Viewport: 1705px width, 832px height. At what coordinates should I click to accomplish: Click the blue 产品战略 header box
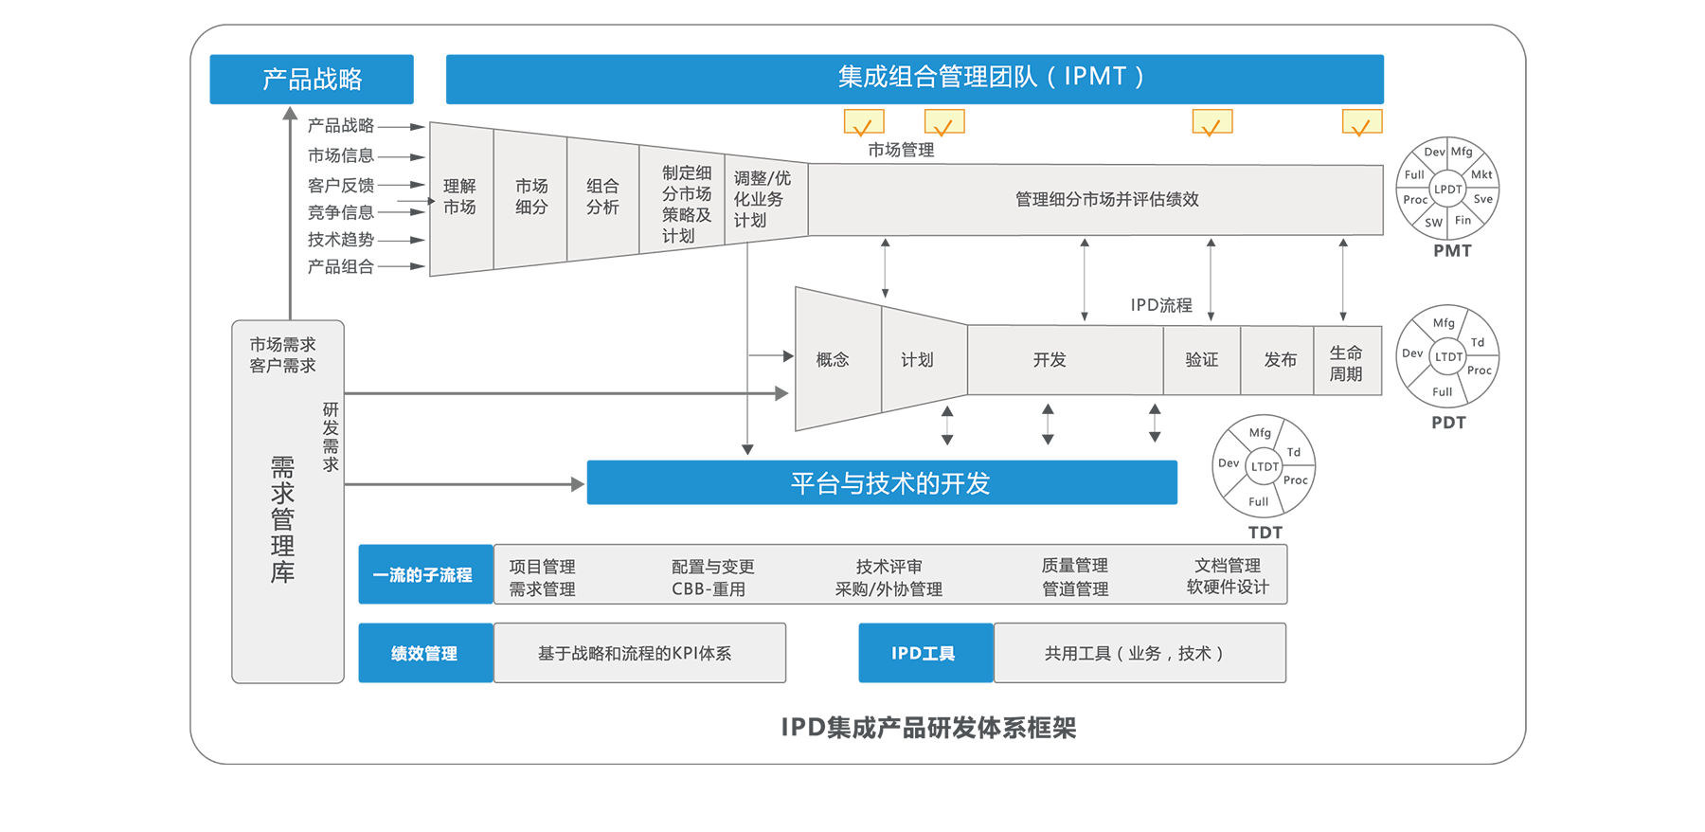pyautogui.click(x=312, y=79)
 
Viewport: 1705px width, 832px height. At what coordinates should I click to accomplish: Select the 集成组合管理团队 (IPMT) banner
pyautogui.click(x=914, y=79)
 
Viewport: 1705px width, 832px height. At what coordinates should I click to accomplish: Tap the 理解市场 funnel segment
pyautogui.click(x=460, y=197)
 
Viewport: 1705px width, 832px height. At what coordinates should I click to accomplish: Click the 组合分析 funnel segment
pyautogui.click(x=602, y=197)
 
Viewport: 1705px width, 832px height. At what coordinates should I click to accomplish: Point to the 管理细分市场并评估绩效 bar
pyautogui.click(x=1106, y=200)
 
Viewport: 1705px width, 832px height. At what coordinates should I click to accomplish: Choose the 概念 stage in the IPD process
pyautogui.click(x=833, y=360)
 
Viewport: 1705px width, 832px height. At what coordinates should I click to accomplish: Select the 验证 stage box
pyautogui.click(x=1202, y=360)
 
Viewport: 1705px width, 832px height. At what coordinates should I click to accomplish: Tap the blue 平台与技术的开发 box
pyautogui.click(x=882, y=483)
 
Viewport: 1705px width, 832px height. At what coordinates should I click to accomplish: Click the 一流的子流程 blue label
pyautogui.click(x=424, y=575)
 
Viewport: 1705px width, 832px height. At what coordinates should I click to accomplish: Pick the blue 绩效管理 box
pyautogui.click(x=424, y=653)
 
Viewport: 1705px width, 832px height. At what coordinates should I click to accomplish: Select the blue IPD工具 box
pyautogui.click(x=924, y=653)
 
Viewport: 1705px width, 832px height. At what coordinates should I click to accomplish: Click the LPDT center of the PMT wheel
pyautogui.click(x=1447, y=190)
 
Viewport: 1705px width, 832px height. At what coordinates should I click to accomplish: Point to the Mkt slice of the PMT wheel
pyautogui.click(x=1481, y=174)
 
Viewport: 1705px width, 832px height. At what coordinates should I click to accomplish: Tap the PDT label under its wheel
pyautogui.click(x=1448, y=423)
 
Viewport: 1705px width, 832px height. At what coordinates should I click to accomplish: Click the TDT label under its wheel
pyautogui.click(x=1265, y=533)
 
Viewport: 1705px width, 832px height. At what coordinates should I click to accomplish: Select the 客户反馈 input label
pyautogui.click(x=341, y=186)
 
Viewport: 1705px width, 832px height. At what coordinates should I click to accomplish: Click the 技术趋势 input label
pyautogui.click(x=341, y=240)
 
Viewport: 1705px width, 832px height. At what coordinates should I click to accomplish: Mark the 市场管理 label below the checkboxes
pyautogui.click(x=901, y=150)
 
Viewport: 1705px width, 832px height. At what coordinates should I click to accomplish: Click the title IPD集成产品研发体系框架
pyautogui.click(x=928, y=728)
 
